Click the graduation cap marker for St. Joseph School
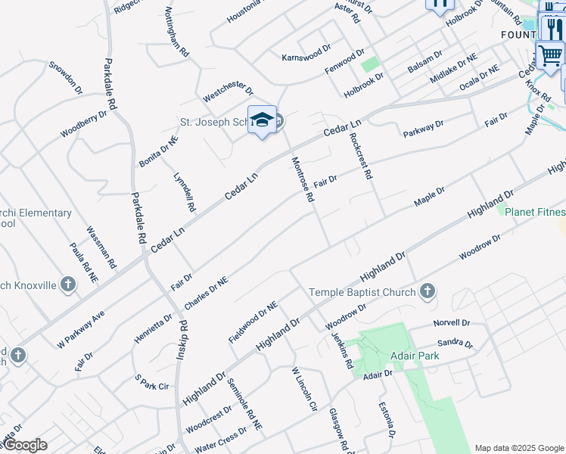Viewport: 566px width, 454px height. [x=263, y=120]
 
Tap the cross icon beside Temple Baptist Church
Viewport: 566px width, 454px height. [x=428, y=291]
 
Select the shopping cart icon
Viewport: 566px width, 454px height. [x=550, y=54]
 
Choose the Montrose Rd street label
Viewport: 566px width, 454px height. [x=303, y=179]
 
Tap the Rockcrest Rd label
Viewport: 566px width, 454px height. [x=361, y=156]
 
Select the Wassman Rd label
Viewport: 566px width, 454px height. [x=101, y=248]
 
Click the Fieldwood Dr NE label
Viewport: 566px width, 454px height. [x=253, y=322]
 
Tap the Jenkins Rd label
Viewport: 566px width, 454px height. [x=343, y=351]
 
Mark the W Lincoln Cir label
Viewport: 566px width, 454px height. [x=304, y=390]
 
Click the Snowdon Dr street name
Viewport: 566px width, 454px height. [x=65, y=78]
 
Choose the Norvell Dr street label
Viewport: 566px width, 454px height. [x=452, y=323]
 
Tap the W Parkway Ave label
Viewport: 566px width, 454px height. [x=80, y=329]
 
